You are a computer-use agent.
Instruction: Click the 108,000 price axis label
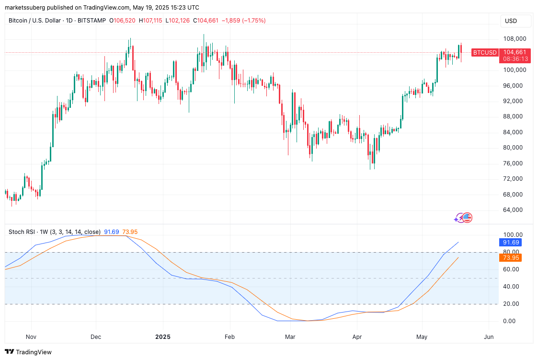pyautogui.click(x=515, y=39)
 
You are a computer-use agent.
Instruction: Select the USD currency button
pyautogui.click(x=511, y=21)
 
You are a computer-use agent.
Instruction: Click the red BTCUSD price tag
pyautogui.click(x=484, y=53)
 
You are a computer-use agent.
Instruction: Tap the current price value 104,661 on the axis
pyautogui.click(x=515, y=52)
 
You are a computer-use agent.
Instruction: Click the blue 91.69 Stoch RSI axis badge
pyautogui.click(x=509, y=243)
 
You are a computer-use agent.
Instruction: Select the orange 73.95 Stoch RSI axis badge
pyautogui.click(x=509, y=258)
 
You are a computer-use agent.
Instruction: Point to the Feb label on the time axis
pyautogui.click(x=230, y=337)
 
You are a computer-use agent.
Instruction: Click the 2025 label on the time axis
pyautogui.click(x=163, y=337)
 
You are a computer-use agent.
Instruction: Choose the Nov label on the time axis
pyautogui.click(x=31, y=337)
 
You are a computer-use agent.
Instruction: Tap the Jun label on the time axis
pyautogui.click(x=489, y=337)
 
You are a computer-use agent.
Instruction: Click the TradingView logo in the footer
pyautogui.click(x=28, y=352)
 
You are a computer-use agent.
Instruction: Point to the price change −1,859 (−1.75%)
pyautogui.click(x=243, y=21)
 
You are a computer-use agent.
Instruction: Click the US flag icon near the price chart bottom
pyautogui.click(x=467, y=218)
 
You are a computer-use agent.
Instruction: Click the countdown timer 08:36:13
pyautogui.click(x=515, y=59)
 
